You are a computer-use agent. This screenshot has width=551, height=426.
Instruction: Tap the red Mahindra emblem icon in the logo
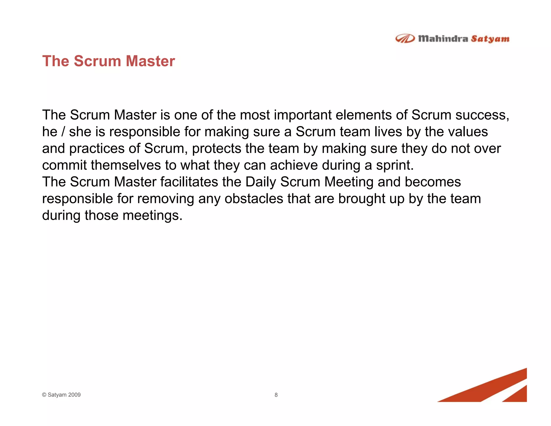pyautogui.click(x=405, y=39)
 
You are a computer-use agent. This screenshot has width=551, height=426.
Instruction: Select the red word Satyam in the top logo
pyautogui.click(x=490, y=39)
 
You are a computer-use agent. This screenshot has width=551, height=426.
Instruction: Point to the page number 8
pyautogui.click(x=276, y=395)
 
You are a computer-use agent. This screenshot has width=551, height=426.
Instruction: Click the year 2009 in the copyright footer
pyautogui.click(x=75, y=395)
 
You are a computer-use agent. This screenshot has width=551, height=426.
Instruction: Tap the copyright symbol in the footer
pyautogui.click(x=44, y=395)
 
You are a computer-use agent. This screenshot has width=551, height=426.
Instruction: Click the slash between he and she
pyautogui.click(x=63, y=132)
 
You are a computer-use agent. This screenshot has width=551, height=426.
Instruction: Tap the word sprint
pyautogui.click(x=394, y=165)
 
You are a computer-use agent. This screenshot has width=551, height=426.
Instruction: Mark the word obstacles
pyautogui.click(x=254, y=198)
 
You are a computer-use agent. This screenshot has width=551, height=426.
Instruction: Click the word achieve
pyautogui.click(x=294, y=165)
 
